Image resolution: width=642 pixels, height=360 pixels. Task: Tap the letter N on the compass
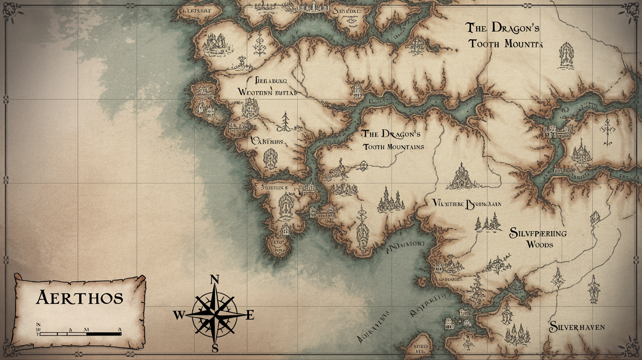pyautogui.click(x=214, y=280)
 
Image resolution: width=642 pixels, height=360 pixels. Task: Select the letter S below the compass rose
pyautogui.click(x=214, y=348)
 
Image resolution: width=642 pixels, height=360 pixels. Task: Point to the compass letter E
pyautogui.click(x=250, y=315)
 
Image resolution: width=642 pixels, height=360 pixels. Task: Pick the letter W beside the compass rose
pyautogui.click(x=179, y=315)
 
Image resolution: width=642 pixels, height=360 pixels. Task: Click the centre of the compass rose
pyautogui.click(x=214, y=314)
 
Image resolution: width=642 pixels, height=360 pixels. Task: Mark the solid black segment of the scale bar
pyautogui.click(x=104, y=334)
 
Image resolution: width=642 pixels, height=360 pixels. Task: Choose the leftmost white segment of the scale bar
pyautogui.click(x=49, y=334)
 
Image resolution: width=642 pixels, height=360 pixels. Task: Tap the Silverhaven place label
pyautogui.click(x=576, y=327)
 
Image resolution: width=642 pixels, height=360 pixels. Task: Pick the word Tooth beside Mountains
pyautogui.click(x=374, y=146)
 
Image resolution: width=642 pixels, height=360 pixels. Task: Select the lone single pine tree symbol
pyautogui.click(x=284, y=121)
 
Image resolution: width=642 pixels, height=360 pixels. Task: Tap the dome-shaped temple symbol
pyautogui.click(x=460, y=177)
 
